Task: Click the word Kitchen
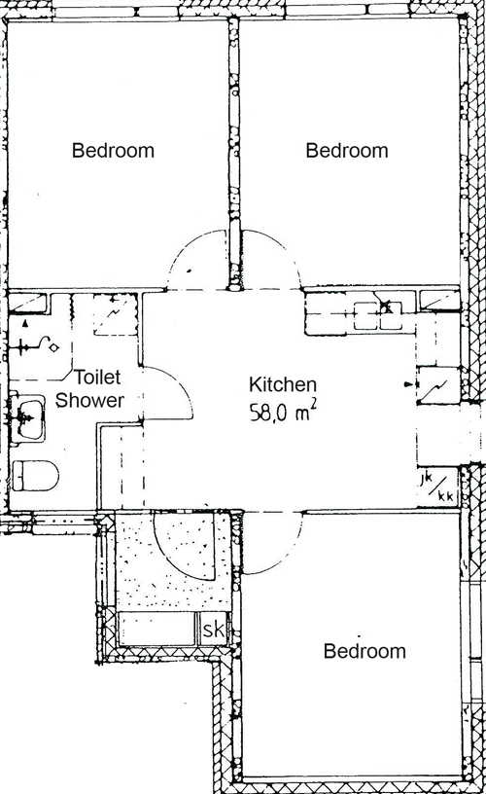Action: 283,385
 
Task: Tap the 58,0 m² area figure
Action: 284,413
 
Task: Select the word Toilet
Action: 97,378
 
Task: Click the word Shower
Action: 89,400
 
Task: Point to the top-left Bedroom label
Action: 113,151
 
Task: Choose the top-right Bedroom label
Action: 347,151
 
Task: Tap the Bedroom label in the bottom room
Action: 364,651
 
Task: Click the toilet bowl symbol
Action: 35,475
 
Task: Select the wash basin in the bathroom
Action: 28,419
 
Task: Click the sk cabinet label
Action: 214,631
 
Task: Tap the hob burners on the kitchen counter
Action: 378,315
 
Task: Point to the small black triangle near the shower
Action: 24,323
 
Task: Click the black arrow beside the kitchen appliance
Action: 408,385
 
